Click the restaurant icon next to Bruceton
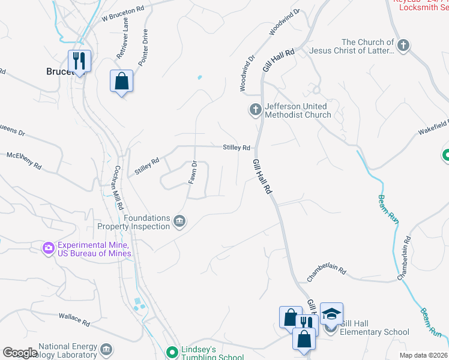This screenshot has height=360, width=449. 79,61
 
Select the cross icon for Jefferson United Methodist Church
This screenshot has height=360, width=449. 255,110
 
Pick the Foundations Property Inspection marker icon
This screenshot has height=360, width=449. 179,222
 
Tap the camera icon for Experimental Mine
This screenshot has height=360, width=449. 48,247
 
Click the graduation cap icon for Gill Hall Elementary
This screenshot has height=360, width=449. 331,314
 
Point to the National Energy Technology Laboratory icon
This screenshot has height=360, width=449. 106,349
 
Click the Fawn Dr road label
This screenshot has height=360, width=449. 193,172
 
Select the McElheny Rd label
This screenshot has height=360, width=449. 23,160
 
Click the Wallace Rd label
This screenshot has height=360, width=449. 74,319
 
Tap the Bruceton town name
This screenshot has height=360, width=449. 60,71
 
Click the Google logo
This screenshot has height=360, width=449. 20,353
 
